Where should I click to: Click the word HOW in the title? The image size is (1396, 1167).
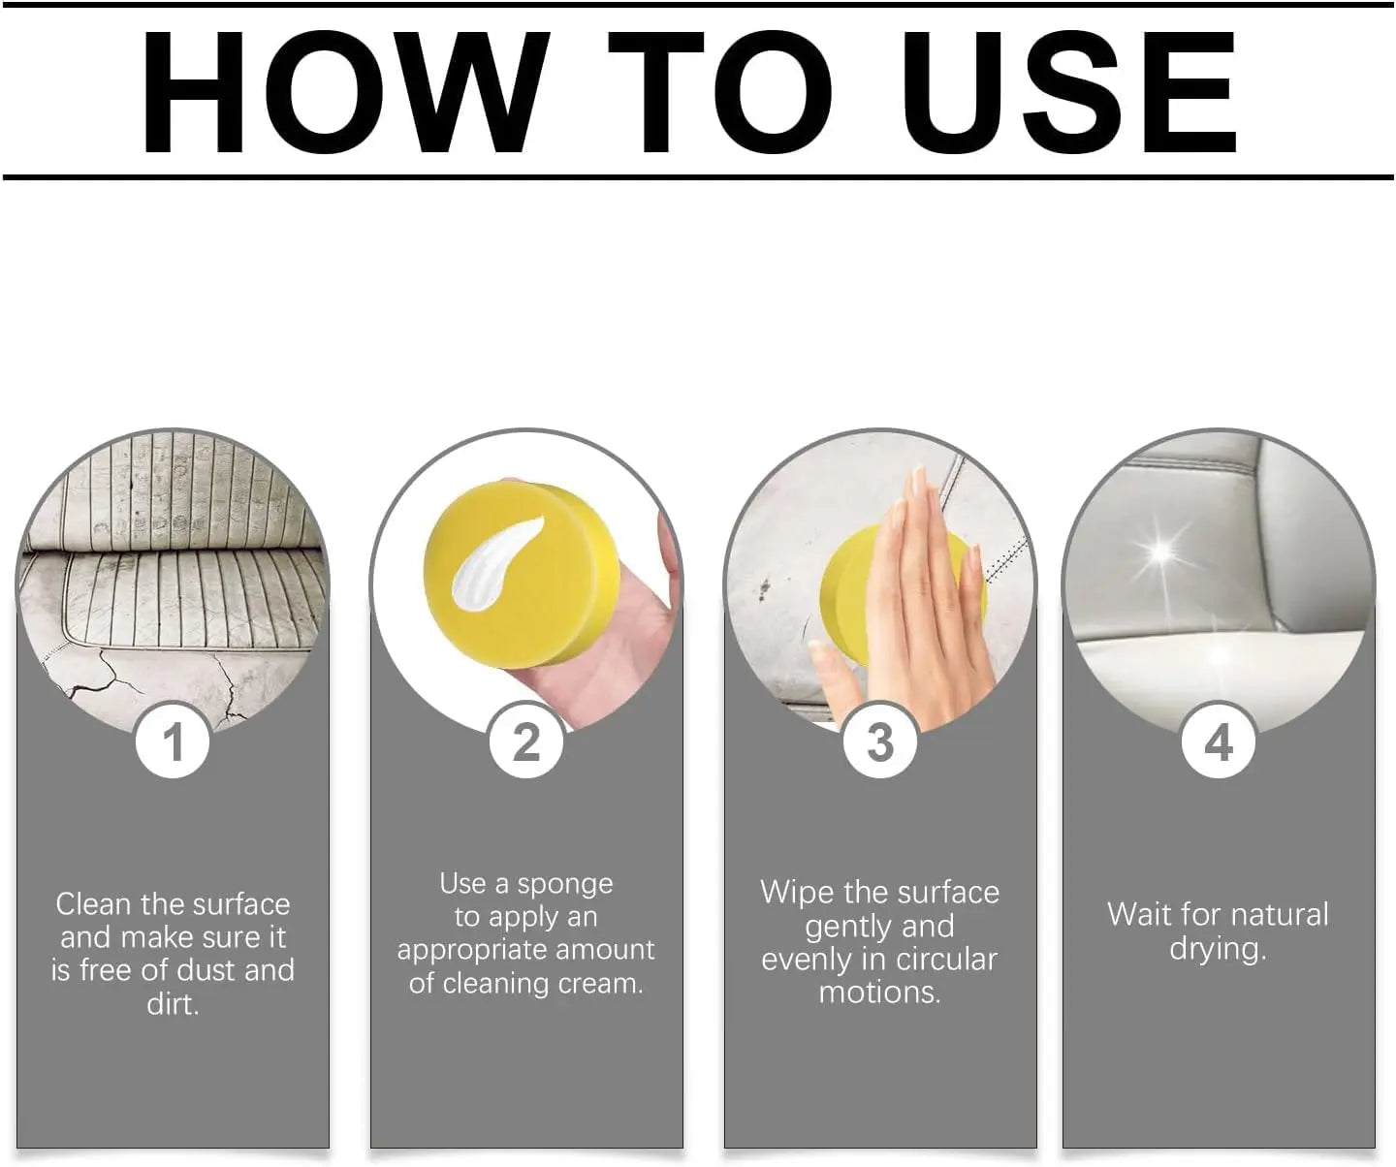coord(346,92)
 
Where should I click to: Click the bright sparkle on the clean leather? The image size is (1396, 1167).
coord(1163,553)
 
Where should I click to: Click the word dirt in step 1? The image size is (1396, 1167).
coord(173,1004)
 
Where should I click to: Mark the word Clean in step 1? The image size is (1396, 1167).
coord(93,904)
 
